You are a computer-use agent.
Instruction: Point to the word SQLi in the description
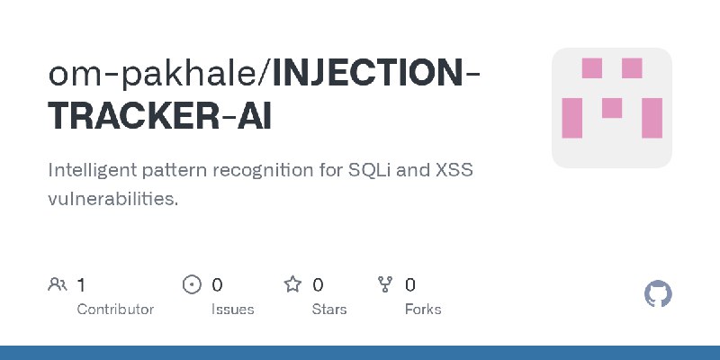(373, 170)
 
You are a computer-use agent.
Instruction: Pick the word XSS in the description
(456, 170)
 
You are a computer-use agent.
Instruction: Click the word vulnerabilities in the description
(112, 199)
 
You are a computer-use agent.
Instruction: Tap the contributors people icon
(58, 285)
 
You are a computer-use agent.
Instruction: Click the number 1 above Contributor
(81, 285)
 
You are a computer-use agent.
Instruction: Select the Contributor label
(115, 310)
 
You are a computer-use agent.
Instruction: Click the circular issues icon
(192, 285)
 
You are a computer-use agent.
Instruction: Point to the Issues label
(232, 310)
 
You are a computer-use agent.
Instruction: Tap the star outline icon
(292, 285)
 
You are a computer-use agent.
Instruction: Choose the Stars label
(330, 310)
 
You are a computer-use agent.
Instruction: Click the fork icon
(385, 285)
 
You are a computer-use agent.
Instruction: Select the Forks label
(423, 310)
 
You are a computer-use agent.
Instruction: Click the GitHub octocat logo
(659, 294)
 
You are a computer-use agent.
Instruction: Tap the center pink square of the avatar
(612, 108)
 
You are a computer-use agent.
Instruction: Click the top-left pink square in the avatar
(591, 68)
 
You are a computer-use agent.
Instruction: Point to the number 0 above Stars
(318, 285)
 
